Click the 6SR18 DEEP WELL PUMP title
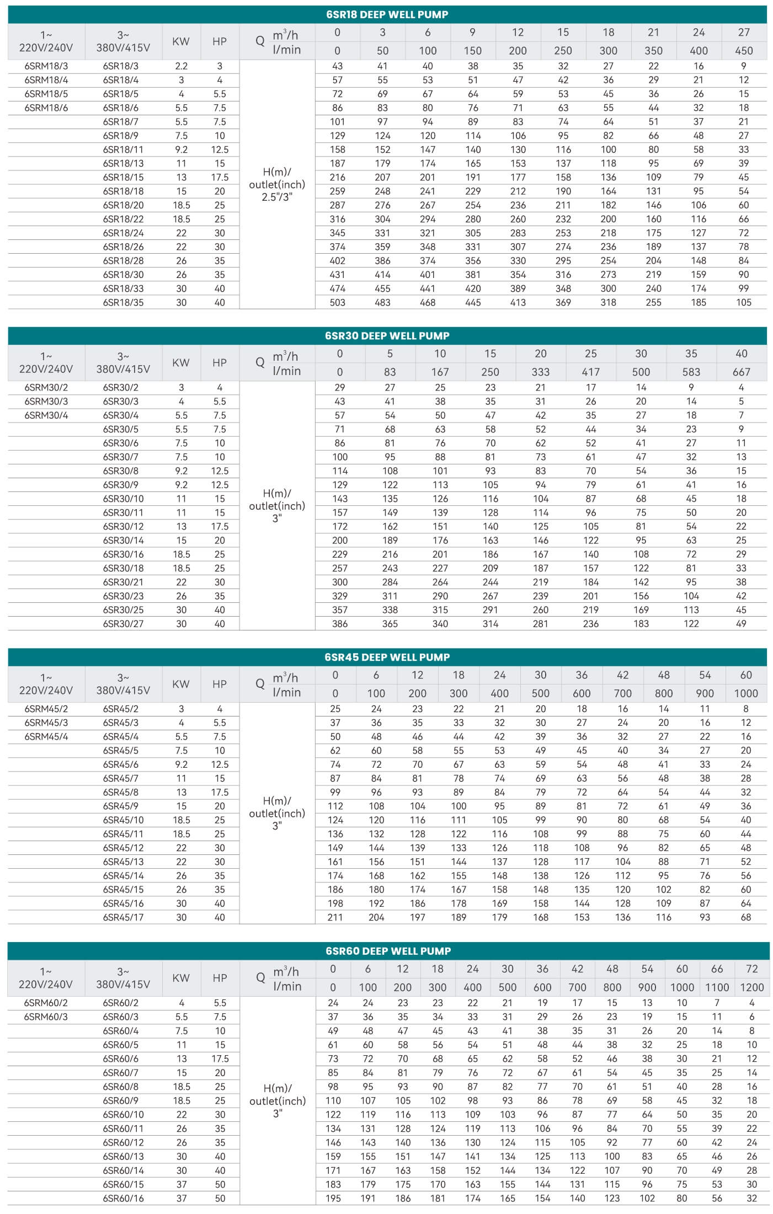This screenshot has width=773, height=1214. pyautogui.click(x=387, y=15)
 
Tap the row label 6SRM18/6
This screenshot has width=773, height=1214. pyautogui.click(x=46, y=108)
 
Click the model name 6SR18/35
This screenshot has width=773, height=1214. pyautogui.click(x=123, y=302)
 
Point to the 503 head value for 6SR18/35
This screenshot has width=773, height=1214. pyautogui.click(x=337, y=302)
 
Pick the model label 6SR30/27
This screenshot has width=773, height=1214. pyautogui.click(x=123, y=624)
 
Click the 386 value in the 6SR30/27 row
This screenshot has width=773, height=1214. pyautogui.click(x=340, y=624)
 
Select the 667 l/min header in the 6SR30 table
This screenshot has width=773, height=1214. pyautogui.click(x=741, y=372)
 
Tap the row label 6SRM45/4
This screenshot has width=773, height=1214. pyautogui.click(x=46, y=737)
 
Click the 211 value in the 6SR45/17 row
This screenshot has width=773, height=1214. pyautogui.click(x=335, y=917)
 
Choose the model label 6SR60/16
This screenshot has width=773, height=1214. pyautogui.click(x=123, y=1198)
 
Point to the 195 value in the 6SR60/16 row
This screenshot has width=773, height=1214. pyautogui.click(x=333, y=1198)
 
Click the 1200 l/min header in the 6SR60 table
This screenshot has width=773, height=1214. pyautogui.click(x=751, y=987)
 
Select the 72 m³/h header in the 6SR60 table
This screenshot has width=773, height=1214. pyautogui.click(x=751, y=969)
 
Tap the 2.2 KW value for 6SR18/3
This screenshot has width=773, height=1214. pyautogui.click(x=181, y=66)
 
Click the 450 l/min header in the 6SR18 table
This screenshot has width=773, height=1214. pyautogui.click(x=744, y=51)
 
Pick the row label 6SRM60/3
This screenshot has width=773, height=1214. pyautogui.click(x=46, y=1017)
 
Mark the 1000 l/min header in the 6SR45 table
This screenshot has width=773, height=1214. pyautogui.click(x=746, y=693)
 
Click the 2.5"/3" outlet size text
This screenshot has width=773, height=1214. pyautogui.click(x=276, y=197)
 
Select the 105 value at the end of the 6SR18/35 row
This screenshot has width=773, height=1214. pyautogui.click(x=744, y=302)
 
